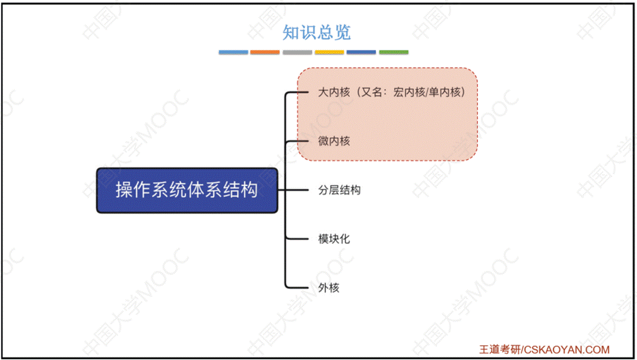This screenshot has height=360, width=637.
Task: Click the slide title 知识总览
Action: [x=316, y=32]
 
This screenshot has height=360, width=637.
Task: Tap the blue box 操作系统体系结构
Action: [x=187, y=191]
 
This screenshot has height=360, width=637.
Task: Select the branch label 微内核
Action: [x=334, y=141]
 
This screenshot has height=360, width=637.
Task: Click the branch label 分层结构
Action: [x=340, y=190]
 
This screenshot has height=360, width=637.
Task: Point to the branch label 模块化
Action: [x=334, y=239]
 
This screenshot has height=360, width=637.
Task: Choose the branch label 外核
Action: [x=329, y=288]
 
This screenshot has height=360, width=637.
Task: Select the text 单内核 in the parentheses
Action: [x=445, y=92]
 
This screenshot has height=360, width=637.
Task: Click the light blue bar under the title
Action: [x=233, y=52]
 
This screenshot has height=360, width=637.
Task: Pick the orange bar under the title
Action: [x=265, y=52]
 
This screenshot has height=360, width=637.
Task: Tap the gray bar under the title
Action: [x=297, y=52]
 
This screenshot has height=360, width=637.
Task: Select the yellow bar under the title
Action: [x=329, y=52]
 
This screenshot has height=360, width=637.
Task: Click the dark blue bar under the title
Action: [x=362, y=52]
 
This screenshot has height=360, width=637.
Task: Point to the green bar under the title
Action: [x=394, y=52]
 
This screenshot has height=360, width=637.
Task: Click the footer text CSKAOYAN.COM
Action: [x=570, y=350]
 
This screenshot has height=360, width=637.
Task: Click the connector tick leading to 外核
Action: [x=297, y=288]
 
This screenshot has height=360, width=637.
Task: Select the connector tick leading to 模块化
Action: [x=297, y=239]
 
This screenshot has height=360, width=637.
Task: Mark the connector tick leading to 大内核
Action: [x=297, y=93]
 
